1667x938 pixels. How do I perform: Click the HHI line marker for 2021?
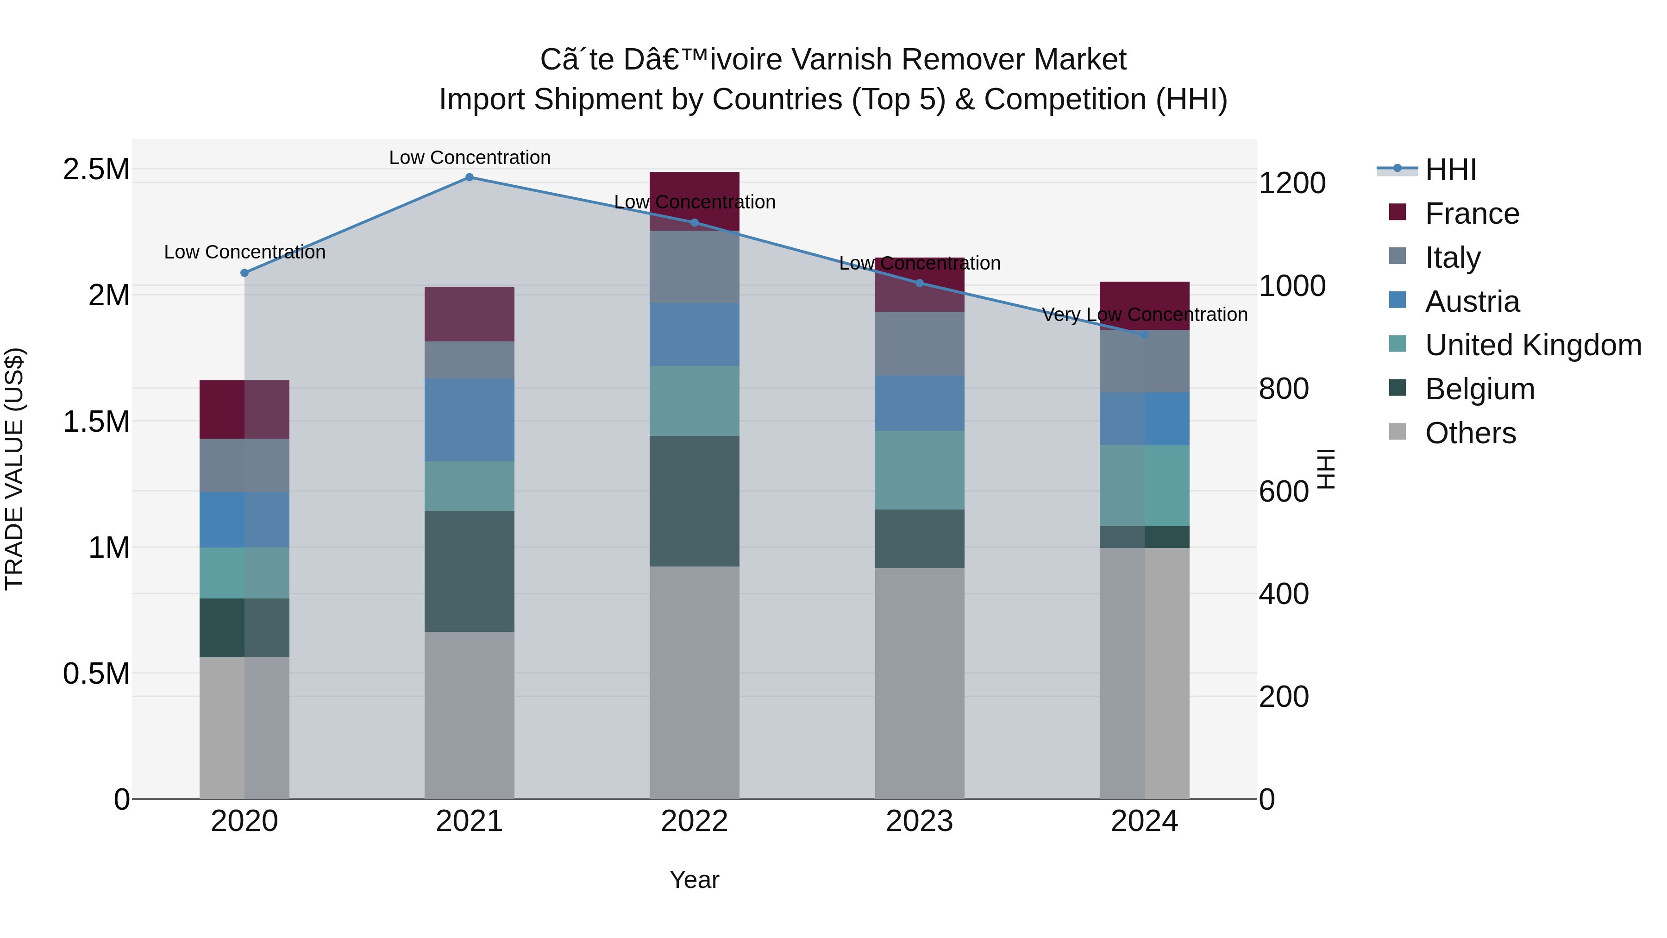pos(469,177)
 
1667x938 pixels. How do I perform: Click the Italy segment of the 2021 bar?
pos(469,359)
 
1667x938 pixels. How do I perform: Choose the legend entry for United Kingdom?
pos(1532,345)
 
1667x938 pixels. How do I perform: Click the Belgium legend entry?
pos(1479,389)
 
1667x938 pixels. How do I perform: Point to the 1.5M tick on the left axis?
pos(96,422)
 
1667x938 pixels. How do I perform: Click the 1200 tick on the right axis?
pos(1291,183)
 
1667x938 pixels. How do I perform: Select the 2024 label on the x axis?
pos(1144,821)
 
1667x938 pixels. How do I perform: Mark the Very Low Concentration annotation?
pos(1144,315)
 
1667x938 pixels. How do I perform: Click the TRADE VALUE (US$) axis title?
pos(14,469)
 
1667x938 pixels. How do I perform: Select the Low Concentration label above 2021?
pos(469,157)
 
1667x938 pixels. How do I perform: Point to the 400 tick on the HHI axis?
pos(1283,594)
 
